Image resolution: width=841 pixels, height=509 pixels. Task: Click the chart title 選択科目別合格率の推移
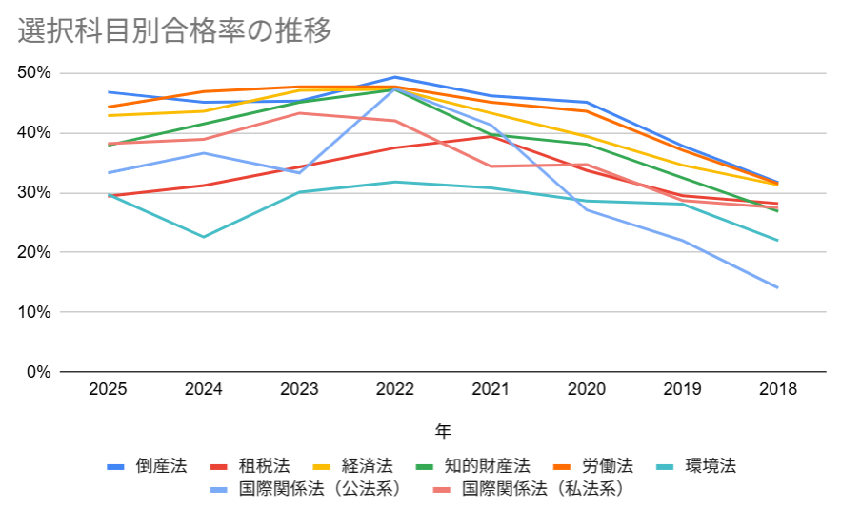click(174, 31)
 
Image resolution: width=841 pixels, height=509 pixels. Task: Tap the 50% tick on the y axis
click(34, 73)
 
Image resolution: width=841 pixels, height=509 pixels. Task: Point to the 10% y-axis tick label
click(34, 312)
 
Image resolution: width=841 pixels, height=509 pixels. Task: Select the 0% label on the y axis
click(38, 372)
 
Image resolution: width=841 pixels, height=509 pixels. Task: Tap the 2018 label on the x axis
click(778, 389)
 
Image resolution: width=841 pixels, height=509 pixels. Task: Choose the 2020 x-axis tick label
click(587, 389)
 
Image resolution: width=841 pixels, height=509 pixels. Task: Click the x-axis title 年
click(443, 430)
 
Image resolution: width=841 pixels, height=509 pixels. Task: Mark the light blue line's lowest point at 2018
click(778, 287)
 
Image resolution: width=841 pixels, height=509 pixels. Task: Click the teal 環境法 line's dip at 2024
click(204, 237)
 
